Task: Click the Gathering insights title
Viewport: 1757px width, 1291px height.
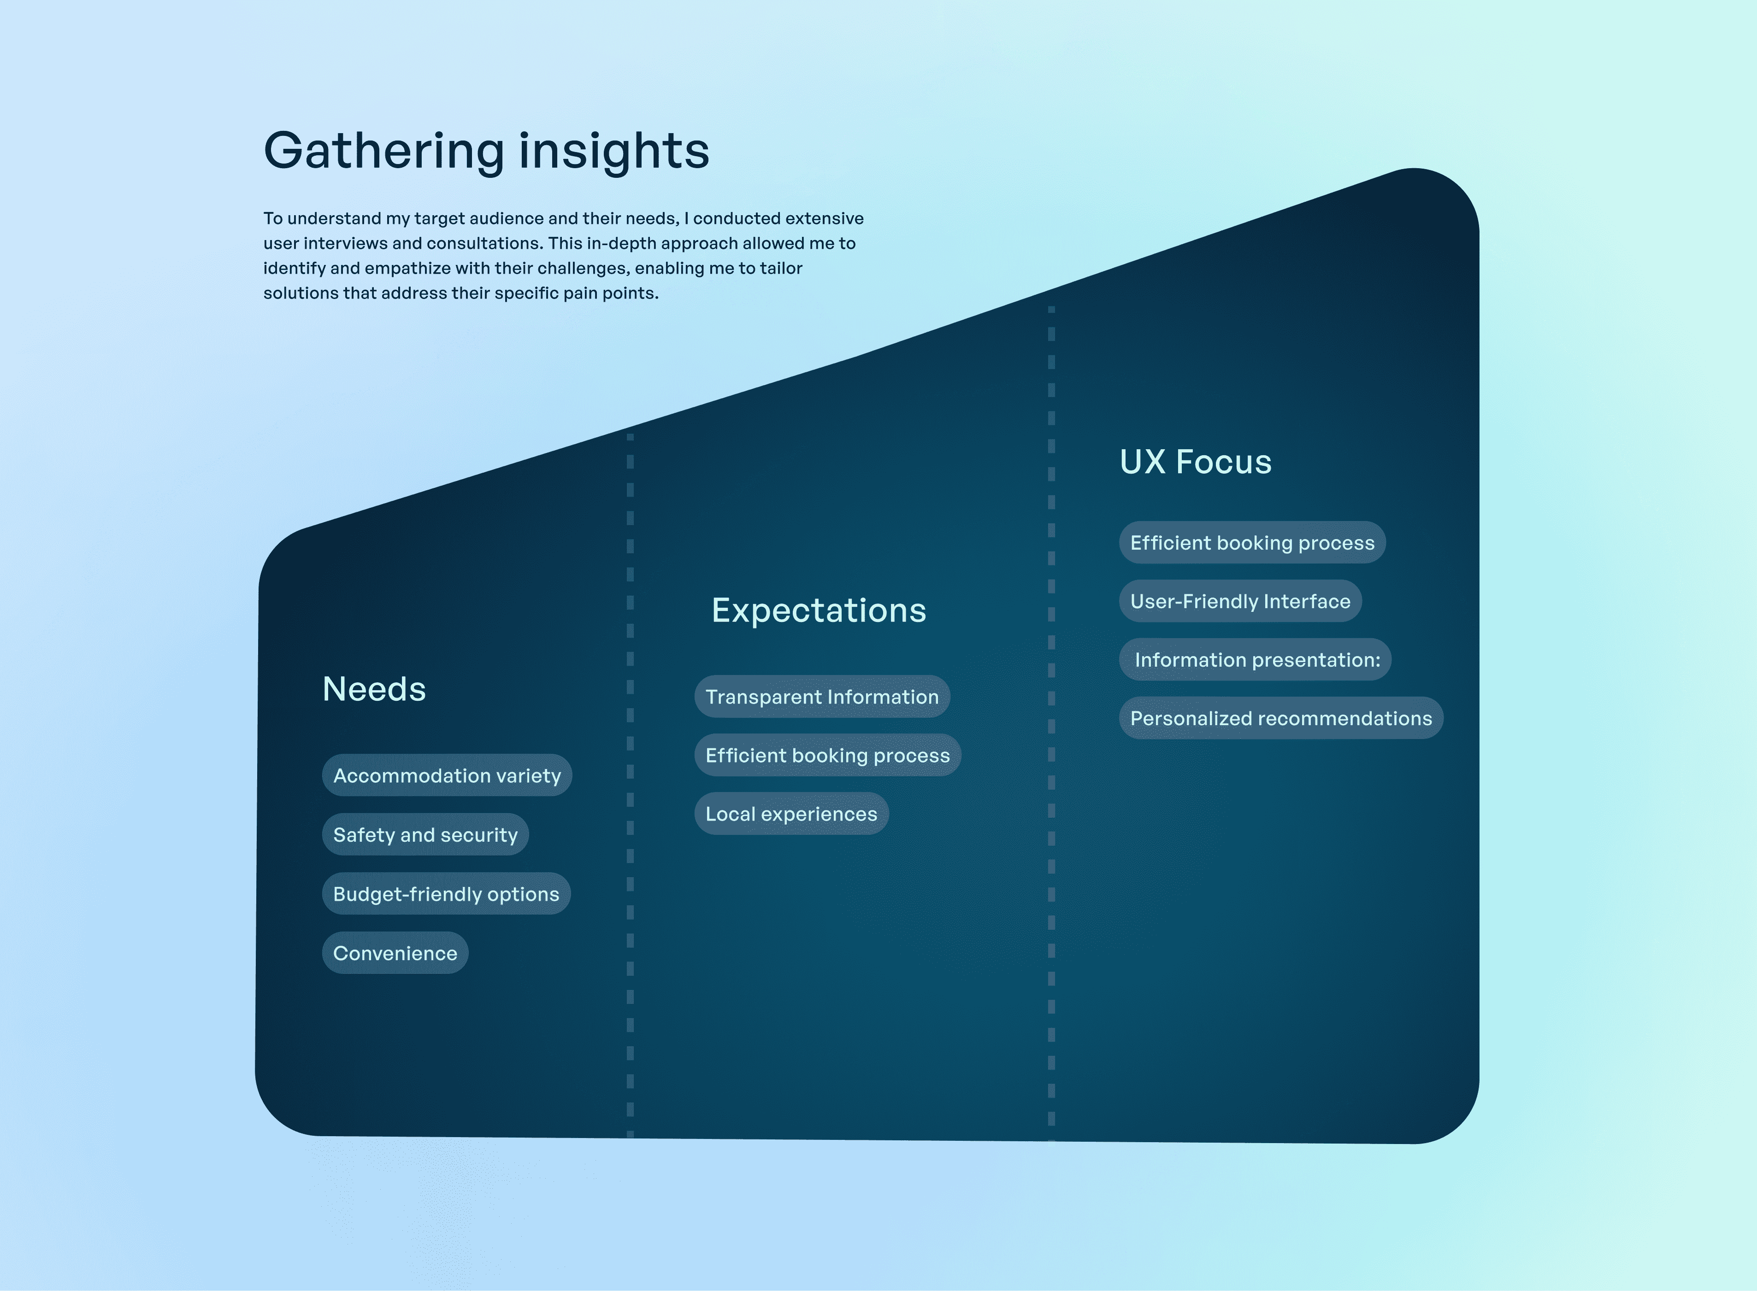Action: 486,150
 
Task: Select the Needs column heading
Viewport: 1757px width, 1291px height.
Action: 374,689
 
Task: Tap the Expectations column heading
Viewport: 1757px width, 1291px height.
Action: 818,610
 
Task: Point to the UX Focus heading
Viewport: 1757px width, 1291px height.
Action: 1195,462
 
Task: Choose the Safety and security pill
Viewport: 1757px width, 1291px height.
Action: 425,834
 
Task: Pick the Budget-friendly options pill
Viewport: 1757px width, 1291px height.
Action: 446,894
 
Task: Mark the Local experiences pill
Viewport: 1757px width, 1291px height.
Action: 791,814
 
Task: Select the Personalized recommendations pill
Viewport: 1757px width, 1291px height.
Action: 1280,719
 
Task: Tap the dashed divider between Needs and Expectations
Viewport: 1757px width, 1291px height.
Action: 630,781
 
